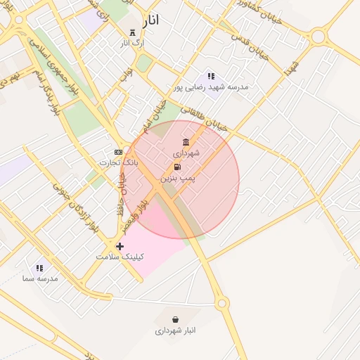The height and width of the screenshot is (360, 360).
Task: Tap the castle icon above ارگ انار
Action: [x=132, y=32]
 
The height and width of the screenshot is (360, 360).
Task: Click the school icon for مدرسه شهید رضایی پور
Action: [x=210, y=76]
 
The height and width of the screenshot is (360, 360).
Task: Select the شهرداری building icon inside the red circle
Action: [x=186, y=142]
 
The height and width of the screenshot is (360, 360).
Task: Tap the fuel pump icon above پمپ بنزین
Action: [x=177, y=167]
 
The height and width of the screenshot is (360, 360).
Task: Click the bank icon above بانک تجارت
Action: [x=118, y=152]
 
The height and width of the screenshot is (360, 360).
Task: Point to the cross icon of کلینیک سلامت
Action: [x=120, y=246]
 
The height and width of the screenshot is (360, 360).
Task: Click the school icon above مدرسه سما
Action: [x=39, y=268]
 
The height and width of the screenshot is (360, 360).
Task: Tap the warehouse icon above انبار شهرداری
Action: [x=175, y=319]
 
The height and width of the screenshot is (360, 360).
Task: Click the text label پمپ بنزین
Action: [x=178, y=179]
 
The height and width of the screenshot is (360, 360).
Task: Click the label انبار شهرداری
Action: [x=175, y=330]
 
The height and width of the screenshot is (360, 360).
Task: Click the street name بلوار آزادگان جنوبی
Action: [x=74, y=207]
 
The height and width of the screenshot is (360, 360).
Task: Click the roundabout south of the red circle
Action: [x=222, y=304]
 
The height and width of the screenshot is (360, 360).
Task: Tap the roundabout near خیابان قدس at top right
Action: [x=319, y=35]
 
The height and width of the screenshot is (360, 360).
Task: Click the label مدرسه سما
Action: [x=39, y=278]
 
